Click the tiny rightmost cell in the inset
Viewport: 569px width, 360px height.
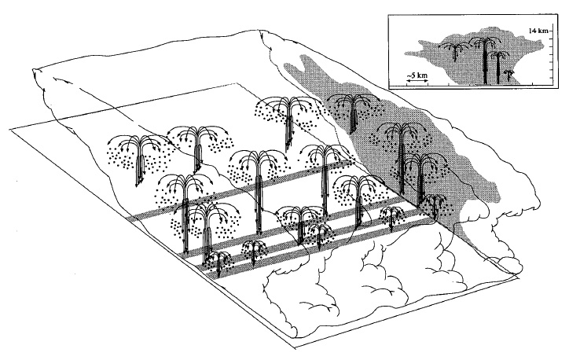(x=508, y=74)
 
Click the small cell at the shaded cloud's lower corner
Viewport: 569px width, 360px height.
(x=433, y=205)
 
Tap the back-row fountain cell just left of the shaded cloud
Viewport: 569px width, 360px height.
(x=289, y=118)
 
